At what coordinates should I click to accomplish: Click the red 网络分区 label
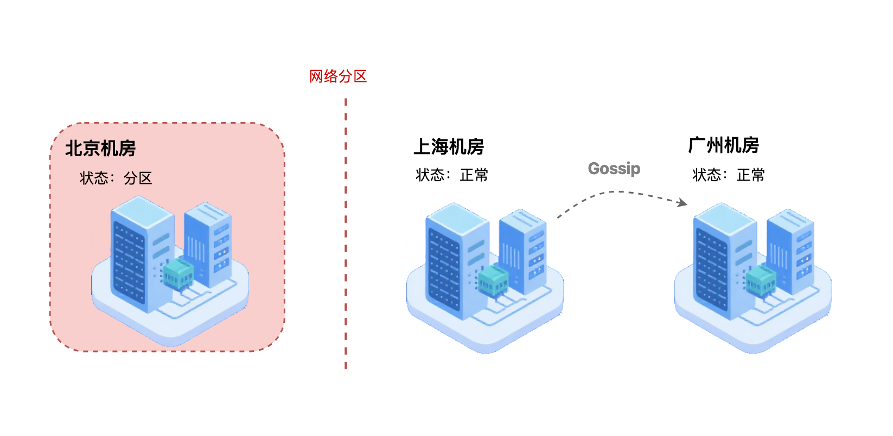[338, 76]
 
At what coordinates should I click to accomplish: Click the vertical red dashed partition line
[346, 233]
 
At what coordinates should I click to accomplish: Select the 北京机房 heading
[100, 148]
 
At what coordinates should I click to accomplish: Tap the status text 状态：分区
[116, 178]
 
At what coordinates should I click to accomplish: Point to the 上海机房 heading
[449, 146]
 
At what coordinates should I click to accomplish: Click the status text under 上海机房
[452, 175]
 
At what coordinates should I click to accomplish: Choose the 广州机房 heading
[723, 145]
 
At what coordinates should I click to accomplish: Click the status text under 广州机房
[729, 175]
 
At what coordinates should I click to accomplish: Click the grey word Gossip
[614, 169]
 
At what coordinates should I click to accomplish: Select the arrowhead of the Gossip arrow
[683, 203]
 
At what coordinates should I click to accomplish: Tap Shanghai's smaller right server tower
[523, 249]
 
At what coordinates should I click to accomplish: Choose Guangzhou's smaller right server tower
[791, 249]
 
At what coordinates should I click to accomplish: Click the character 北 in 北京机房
[74, 148]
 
